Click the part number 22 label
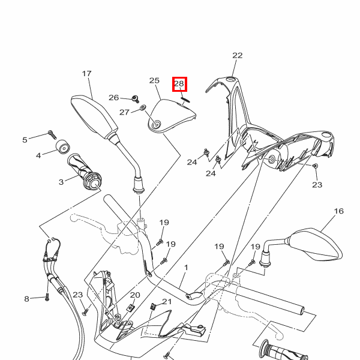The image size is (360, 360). coord(238,55)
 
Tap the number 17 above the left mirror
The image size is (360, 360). coord(86,73)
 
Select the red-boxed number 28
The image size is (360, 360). coord(179,84)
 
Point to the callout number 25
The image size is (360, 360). coord(154,80)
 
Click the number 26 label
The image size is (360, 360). coord(114,97)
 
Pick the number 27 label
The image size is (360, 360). coord(124,112)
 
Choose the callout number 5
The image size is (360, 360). coord(25,140)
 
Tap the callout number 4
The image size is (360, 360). coord(38,155)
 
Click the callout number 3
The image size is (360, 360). coord(61,182)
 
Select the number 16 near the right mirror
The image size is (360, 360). coord(339,211)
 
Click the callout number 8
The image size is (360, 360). coord(26,298)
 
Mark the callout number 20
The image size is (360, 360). coord(135,295)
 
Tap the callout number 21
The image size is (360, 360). coord(167,302)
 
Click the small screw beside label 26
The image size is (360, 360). coord(136,97)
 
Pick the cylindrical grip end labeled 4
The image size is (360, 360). coord(62,148)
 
